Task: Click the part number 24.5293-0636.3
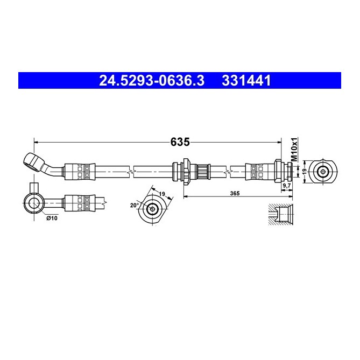[x=152, y=81]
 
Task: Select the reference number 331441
[x=246, y=81]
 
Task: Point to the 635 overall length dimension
[x=180, y=142]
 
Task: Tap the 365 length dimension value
[x=235, y=193]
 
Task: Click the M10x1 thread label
[x=294, y=150]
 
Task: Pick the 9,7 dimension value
[x=286, y=186]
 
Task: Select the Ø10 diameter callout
[x=52, y=218]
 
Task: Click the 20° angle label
[x=135, y=205]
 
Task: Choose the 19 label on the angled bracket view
[x=162, y=194]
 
